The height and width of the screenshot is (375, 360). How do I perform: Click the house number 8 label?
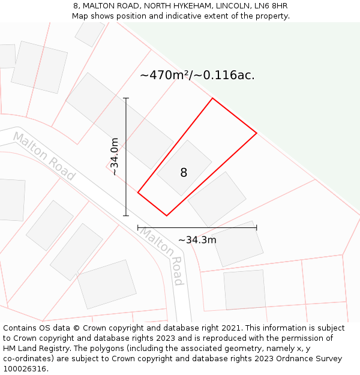pos(184,173)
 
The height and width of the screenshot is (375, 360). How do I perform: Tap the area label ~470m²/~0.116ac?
pos(197,76)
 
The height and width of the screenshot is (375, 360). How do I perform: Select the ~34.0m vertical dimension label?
pos(114,157)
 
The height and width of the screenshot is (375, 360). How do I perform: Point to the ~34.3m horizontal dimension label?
pos(197,240)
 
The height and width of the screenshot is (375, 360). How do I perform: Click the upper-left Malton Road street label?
pos(44,156)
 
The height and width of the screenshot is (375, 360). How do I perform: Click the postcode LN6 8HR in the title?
pos(271,6)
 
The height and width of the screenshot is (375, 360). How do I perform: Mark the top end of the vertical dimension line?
pos(126,98)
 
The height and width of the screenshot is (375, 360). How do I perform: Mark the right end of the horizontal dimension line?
pos(257,227)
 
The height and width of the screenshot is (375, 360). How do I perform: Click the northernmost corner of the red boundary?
pos(212,98)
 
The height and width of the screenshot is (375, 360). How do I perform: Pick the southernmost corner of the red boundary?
pos(166,215)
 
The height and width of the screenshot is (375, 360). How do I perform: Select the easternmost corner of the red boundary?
pos(257,133)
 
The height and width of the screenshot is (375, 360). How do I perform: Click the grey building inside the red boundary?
pos(184,167)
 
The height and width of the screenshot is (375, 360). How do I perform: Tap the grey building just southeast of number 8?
pos(217,199)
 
